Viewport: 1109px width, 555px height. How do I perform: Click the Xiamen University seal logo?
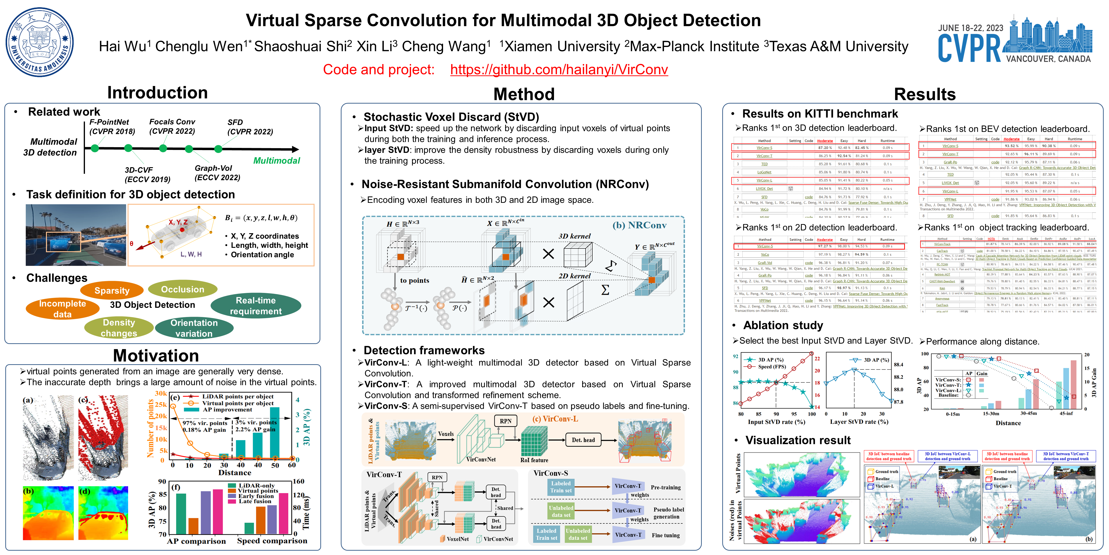(x=40, y=42)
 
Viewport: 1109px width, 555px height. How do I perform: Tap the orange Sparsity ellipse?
(x=112, y=291)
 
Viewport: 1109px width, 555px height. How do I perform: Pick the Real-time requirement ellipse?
(x=256, y=305)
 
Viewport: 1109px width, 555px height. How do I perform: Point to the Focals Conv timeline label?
(x=172, y=126)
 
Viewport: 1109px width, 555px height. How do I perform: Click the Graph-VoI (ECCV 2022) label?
(x=217, y=173)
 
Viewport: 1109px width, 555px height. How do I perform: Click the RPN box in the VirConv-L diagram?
(x=505, y=421)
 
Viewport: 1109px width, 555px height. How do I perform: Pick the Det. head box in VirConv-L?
(x=583, y=440)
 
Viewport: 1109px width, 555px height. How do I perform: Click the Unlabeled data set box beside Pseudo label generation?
(x=561, y=511)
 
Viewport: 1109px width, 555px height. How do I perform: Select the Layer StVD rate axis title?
(x=859, y=422)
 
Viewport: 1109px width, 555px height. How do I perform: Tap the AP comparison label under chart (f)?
(x=196, y=541)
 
